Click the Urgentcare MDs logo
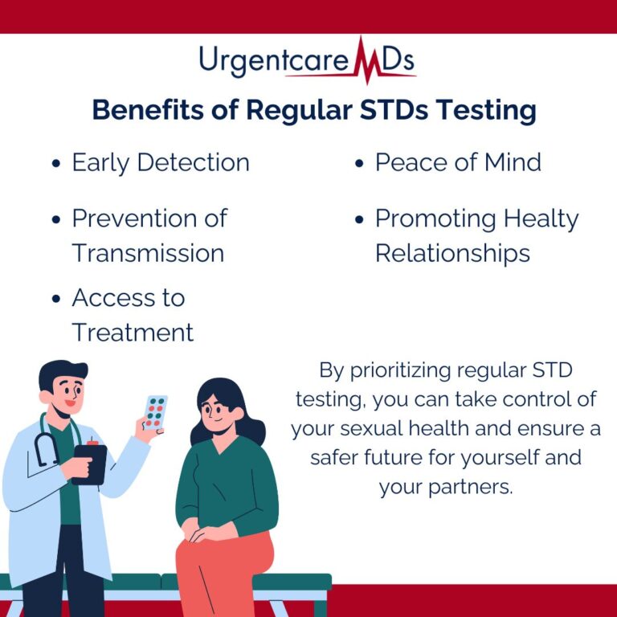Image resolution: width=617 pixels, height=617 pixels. (x=308, y=61)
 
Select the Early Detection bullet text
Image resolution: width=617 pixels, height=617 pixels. (x=161, y=162)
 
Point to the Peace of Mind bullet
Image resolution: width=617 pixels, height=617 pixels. (x=458, y=162)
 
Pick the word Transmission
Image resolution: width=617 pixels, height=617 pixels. (x=148, y=253)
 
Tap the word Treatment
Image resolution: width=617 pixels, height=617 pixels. (x=133, y=332)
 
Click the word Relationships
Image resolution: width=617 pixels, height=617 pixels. (x=452, y=253)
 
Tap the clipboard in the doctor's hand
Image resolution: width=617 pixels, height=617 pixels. (x=90, y=463)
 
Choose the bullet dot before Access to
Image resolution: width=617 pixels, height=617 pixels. (x=56, y=299)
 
